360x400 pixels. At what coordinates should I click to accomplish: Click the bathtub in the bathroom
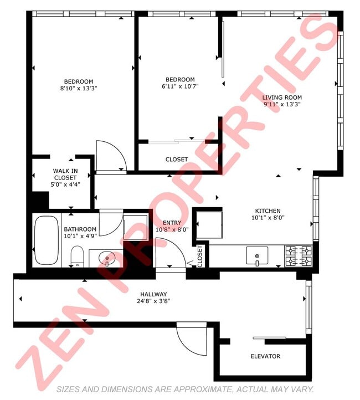47,240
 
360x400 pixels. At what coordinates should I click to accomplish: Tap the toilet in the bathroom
77,257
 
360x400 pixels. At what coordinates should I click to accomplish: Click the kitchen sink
257,255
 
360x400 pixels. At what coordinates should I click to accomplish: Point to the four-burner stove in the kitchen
299,256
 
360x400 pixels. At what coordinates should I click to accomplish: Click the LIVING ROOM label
281,97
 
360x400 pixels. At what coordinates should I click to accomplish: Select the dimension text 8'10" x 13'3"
78,88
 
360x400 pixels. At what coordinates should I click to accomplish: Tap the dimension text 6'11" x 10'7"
179,86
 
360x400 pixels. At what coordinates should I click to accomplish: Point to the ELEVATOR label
265,356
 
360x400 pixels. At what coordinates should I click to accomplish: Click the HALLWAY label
153,294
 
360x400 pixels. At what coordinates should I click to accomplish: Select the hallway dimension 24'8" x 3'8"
153,301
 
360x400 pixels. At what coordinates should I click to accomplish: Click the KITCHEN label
268,211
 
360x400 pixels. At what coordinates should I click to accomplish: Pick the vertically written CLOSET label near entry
200,256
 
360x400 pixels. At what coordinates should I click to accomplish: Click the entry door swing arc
169,252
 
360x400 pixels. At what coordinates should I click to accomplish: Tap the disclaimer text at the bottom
186,389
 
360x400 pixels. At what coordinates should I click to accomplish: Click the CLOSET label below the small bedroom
177,160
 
